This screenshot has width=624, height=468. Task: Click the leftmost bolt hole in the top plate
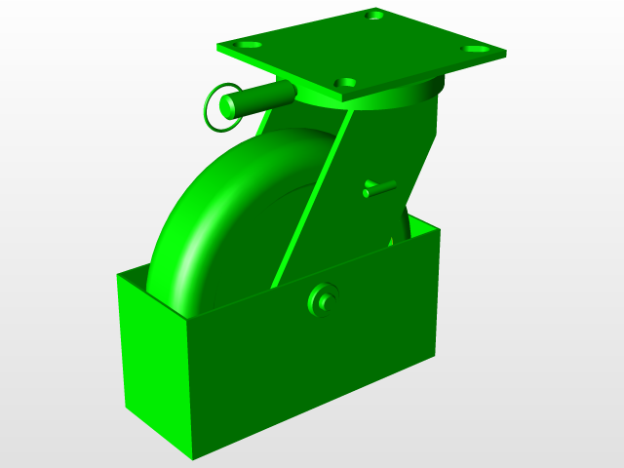(x=250, y=46)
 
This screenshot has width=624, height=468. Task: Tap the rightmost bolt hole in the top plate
(x=475, y=48)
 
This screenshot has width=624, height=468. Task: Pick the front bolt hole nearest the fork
(x=343, y=83)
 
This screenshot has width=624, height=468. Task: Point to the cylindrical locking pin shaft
(x=263, y=97)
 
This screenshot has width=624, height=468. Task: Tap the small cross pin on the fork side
(x=378, y=189)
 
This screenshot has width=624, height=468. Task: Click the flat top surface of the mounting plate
(x=361, y=49)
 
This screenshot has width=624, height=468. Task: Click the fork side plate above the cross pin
(x=390, y=146)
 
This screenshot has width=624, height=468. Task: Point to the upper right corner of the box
(x=440, y=230)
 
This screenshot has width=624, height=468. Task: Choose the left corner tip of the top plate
(x=217, y=45)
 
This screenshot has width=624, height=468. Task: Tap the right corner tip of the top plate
(x=507, y=54)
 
